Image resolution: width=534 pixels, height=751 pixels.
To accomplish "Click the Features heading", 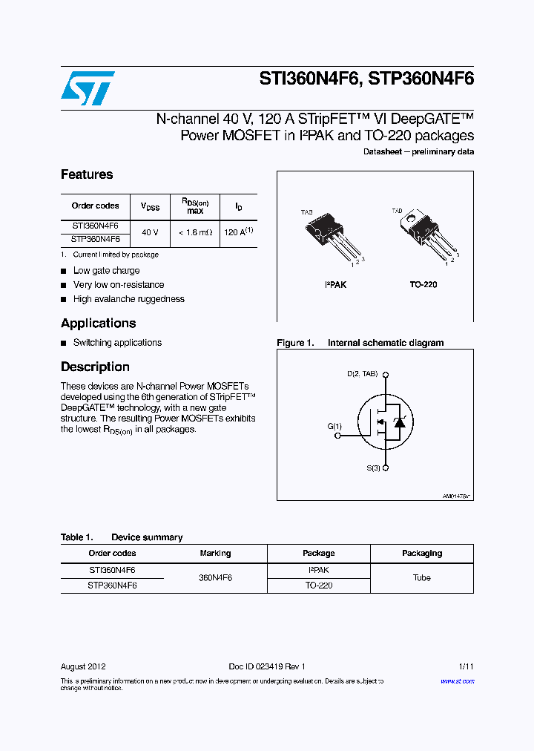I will point(87,174).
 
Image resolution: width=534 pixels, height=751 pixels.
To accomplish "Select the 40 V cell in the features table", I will point(150,232).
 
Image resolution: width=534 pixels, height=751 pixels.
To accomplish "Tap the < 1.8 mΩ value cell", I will point(195,232).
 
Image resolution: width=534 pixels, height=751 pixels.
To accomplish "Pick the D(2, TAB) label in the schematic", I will point(363,373).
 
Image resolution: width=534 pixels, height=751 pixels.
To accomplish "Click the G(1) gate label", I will point(334,426).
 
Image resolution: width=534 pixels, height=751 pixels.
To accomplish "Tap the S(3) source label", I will point(373,468).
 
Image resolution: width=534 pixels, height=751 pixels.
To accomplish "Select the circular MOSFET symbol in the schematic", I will point(386,422).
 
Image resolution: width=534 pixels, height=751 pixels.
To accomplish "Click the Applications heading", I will point(98,323).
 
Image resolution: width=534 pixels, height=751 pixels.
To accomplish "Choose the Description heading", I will point(95,367).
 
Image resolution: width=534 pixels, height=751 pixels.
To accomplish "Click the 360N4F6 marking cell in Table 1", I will point(215,577).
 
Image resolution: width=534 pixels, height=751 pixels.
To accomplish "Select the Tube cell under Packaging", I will point(421,577).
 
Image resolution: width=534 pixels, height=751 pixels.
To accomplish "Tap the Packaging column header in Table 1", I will point(421,553).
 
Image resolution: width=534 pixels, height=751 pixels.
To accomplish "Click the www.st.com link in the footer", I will point(457,681).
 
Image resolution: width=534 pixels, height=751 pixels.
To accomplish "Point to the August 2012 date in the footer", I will point(83,666).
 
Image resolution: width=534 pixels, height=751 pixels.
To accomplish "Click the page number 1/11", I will point(466,666).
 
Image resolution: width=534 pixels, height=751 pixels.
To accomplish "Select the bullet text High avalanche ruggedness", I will point(128,299).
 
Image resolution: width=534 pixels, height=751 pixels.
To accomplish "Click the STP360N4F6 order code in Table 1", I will point(112,585).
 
